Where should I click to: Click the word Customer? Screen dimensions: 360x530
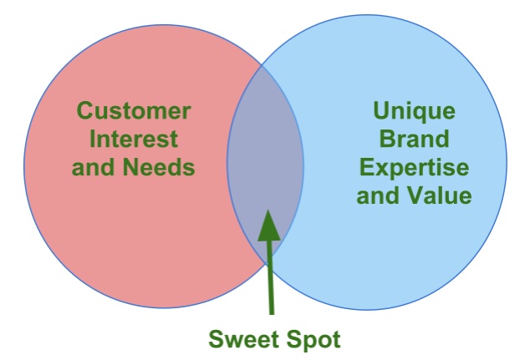click(133, 111)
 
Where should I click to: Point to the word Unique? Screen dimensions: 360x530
click(414, 111)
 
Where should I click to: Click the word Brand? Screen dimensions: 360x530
click(414, 139)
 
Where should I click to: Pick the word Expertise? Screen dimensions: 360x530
click(414, 167)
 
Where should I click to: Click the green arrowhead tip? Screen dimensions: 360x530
click(267, 210)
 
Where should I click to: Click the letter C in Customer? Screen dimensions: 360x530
click(84, 111)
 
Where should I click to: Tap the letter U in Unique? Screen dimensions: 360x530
click(380, 111)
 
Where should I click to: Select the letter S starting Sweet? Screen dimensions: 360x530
click(214, 339)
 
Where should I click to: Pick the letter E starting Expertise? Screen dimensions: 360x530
click(365, 167)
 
